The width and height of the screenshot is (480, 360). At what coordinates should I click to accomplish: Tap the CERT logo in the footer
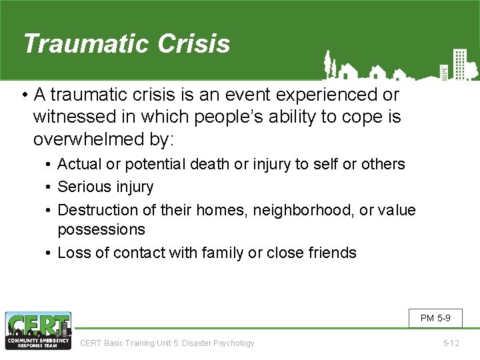38,331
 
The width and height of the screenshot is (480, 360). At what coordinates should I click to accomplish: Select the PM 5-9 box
435,319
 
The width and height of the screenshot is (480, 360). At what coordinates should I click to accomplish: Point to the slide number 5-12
451,343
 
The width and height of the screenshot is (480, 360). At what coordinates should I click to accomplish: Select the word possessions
101,229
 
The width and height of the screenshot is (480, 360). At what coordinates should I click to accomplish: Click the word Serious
84,187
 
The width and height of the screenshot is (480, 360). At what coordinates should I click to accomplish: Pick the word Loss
73,253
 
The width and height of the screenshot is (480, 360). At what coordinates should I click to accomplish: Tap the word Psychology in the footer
233,343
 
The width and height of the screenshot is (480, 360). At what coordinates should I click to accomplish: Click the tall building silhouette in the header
459,63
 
